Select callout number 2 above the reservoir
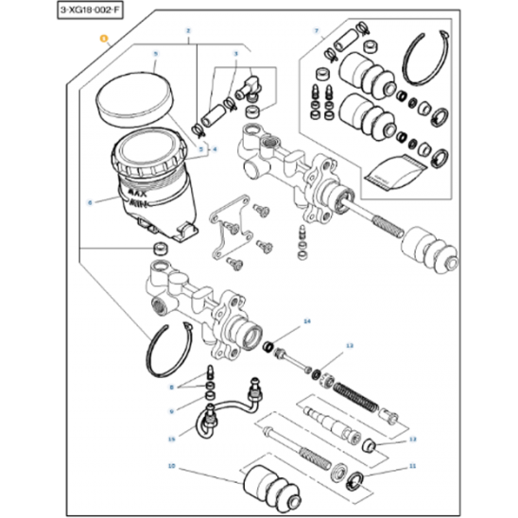click(188, 32)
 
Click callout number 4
click(215, 149)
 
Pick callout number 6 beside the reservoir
click(90, 201)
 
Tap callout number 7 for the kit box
click(317, 32)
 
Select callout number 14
click(305, 322)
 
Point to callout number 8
click(172, 387)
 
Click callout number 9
click(172, 411)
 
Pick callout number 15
click(172, 439)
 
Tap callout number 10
click(171, 467)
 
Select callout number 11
click(411, 467)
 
